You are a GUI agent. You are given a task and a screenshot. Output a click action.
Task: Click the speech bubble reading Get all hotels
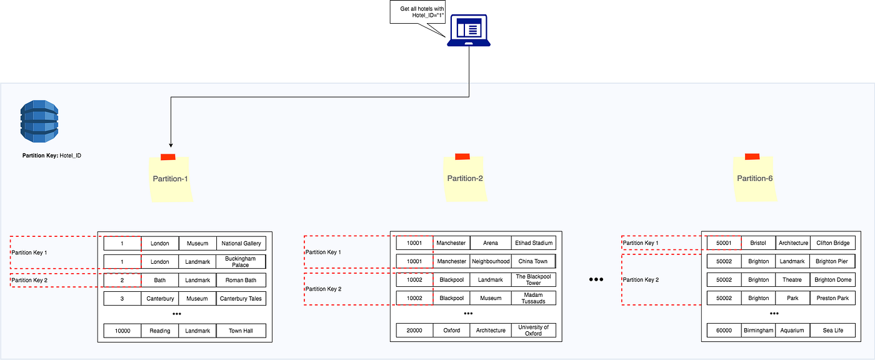417,11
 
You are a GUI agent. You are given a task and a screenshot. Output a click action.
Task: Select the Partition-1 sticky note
171,179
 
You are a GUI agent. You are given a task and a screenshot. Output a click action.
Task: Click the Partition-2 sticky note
465,178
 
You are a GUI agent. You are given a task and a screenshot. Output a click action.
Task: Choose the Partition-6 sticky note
755,178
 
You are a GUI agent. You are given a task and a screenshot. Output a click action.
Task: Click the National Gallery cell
241,243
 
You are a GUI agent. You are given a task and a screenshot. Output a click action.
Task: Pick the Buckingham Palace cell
241,261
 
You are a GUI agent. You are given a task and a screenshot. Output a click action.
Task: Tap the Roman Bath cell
241,280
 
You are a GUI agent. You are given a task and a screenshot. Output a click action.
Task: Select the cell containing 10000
122,331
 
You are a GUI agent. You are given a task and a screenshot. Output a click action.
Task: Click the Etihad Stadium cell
533,242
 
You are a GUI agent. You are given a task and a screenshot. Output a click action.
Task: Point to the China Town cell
532,261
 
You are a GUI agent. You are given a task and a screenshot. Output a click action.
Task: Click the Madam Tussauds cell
533,298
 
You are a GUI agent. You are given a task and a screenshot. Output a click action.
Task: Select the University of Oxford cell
533,330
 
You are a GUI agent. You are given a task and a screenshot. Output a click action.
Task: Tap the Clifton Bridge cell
832,242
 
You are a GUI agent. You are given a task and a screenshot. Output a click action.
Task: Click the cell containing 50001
724,242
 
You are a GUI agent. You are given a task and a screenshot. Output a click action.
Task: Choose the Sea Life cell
832,330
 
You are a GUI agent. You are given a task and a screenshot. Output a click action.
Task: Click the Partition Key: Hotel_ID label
51,155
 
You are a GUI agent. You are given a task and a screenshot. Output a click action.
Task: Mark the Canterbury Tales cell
241,299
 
